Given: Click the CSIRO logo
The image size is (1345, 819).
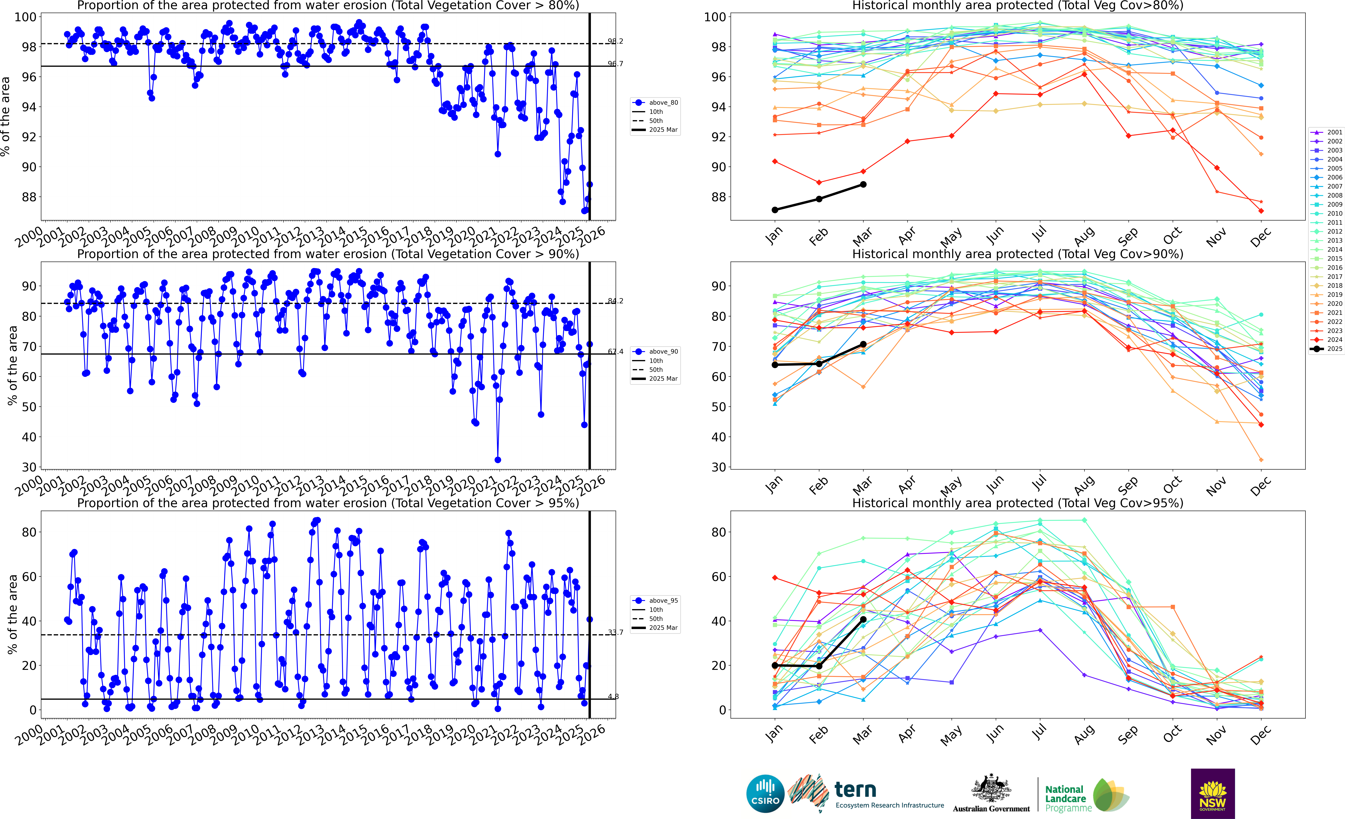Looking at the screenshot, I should coord(765,793).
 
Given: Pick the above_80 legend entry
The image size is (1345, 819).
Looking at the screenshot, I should coord(656,103).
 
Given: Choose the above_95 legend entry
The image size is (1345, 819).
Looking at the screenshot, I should coord(656,601).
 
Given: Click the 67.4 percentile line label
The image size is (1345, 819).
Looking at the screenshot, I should coord(615,352).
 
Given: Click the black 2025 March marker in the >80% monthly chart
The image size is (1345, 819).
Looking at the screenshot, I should coord(863,185).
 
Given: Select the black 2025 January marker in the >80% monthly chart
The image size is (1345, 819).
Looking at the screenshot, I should coord(775,210).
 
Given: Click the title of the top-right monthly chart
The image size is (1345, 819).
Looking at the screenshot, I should coord(1018,6).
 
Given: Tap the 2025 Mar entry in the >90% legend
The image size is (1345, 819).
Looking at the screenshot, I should coord(656,379).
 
